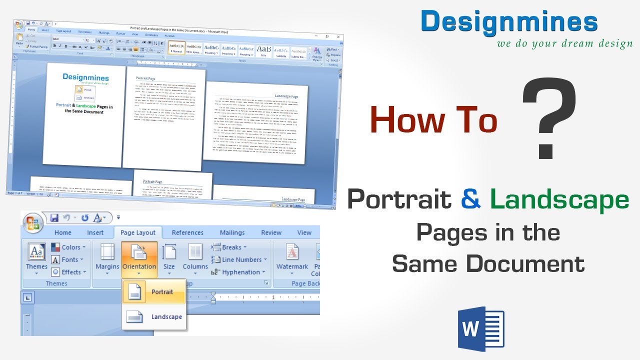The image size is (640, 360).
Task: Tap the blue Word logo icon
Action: click(x=481, y=329)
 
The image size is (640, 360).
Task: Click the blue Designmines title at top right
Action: click(x=509, y=22)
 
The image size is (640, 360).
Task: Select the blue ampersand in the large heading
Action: click(x=471, y=198)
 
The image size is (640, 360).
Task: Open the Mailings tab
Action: click(x=232, y=232)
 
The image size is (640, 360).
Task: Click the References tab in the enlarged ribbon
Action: click(x=187, y=232)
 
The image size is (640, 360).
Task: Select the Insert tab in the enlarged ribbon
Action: click(x=95, y=232)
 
